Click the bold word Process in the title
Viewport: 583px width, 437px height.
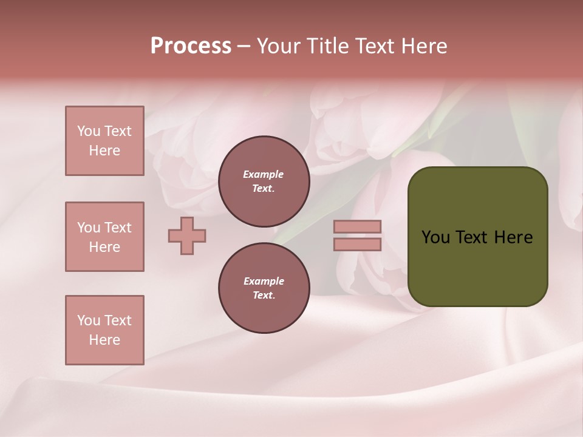191,46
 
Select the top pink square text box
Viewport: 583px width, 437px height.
104,141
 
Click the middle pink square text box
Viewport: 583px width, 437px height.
104,237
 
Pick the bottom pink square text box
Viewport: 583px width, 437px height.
104,330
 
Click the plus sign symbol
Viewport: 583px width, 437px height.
187,235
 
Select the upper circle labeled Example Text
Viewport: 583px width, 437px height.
264,181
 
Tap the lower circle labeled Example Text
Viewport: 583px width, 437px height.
264,288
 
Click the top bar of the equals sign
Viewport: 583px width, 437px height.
358,226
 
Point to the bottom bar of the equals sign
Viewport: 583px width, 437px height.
358,245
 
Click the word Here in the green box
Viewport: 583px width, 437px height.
513,237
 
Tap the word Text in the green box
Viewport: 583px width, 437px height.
472,237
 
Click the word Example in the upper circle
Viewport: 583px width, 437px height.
264,175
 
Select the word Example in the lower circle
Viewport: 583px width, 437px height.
264,282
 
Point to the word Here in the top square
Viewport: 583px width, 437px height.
104,151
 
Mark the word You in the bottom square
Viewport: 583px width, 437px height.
89,320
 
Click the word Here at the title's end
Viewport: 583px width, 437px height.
425,46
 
